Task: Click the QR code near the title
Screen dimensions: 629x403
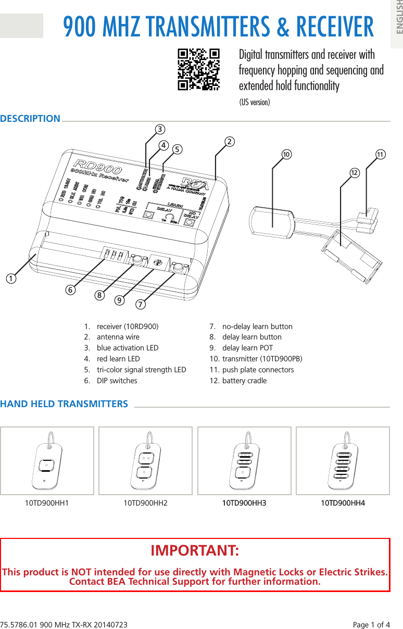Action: coord(198,70)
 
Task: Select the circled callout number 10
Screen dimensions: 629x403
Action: coord(286,155)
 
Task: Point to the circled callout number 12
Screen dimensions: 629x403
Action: coord(354,172)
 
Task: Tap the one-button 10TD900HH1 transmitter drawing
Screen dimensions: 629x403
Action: coord(47,460)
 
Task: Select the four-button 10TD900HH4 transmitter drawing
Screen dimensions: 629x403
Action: coord(343,460)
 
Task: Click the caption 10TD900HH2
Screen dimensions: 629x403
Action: coord(145,503)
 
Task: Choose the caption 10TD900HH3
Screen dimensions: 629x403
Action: coord(244,503)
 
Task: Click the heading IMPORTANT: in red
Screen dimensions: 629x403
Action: coord(195,551)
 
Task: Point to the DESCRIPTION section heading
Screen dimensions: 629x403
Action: coord(30,119)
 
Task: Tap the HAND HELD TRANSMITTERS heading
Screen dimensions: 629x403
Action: coord(64,404)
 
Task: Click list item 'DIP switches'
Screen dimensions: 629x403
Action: coord(117,381)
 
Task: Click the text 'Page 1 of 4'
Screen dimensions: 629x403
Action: coord(371,624)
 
